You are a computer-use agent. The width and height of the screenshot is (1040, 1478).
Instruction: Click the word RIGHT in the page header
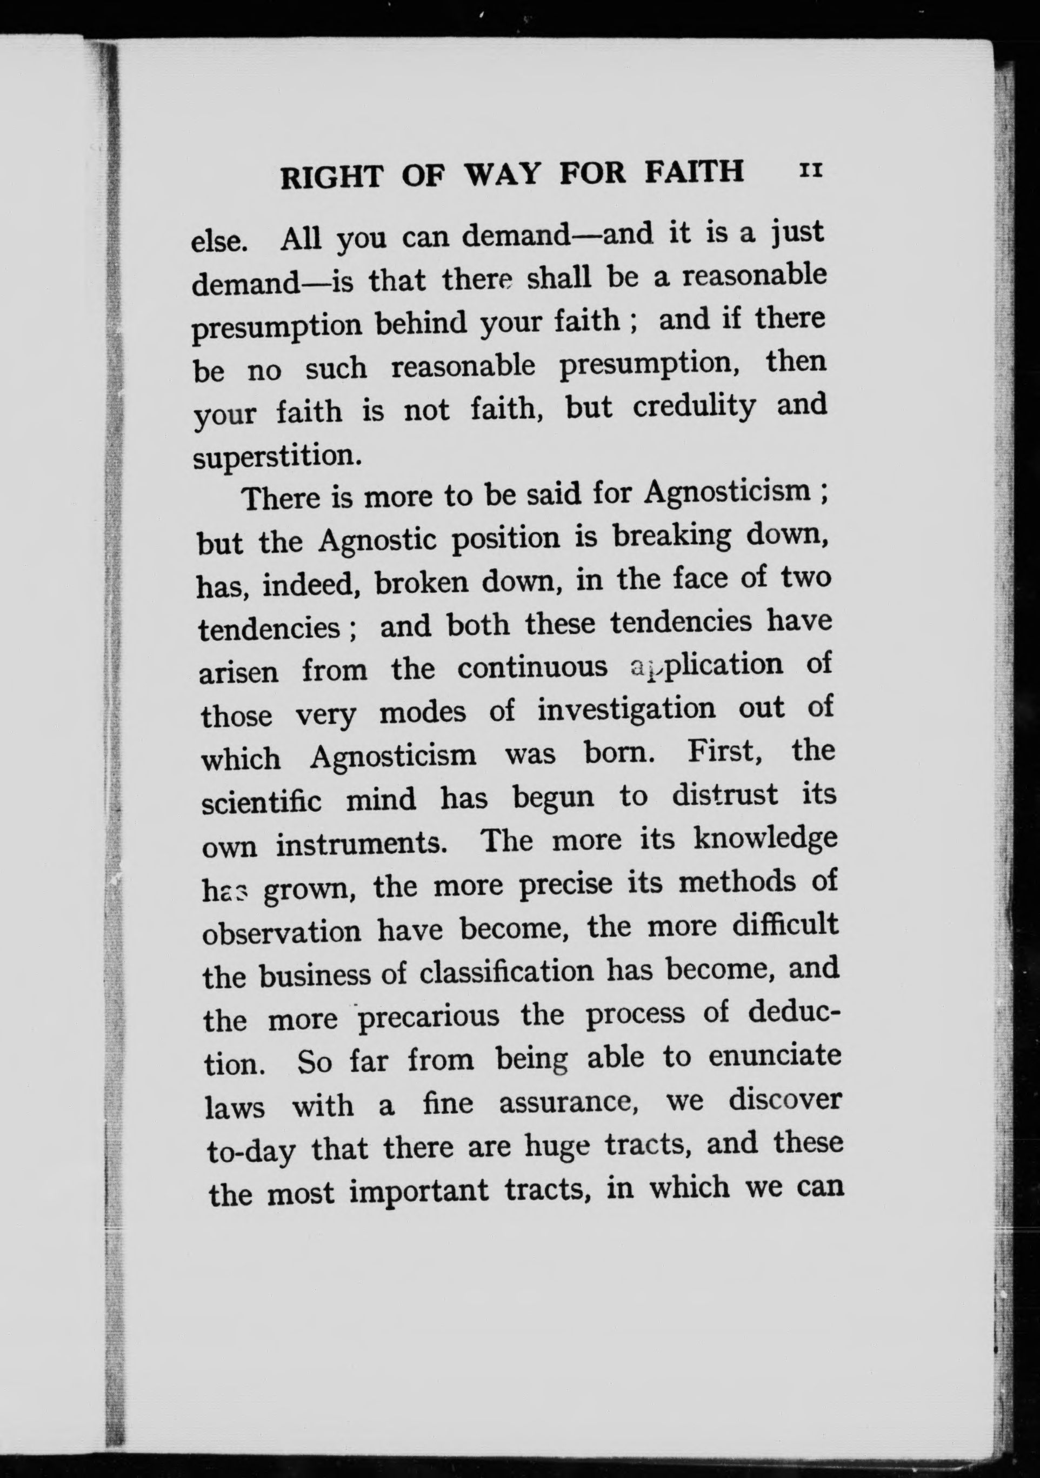[x=332, y=176]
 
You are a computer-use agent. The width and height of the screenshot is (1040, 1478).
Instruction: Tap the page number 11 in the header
[x=810, y=171]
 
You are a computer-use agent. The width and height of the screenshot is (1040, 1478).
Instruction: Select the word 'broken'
[x=421, y=583]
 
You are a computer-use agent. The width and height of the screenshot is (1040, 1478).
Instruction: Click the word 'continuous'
[x=532, y=667]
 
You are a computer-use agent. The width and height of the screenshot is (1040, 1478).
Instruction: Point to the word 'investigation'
[x=626, y=710]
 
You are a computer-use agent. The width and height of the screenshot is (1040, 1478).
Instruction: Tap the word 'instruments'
[x=362, y=844]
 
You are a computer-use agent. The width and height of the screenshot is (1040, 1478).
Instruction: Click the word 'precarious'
[x=428, y=1018]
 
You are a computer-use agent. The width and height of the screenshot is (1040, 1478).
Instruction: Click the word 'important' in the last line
[x=419, y=1192]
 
